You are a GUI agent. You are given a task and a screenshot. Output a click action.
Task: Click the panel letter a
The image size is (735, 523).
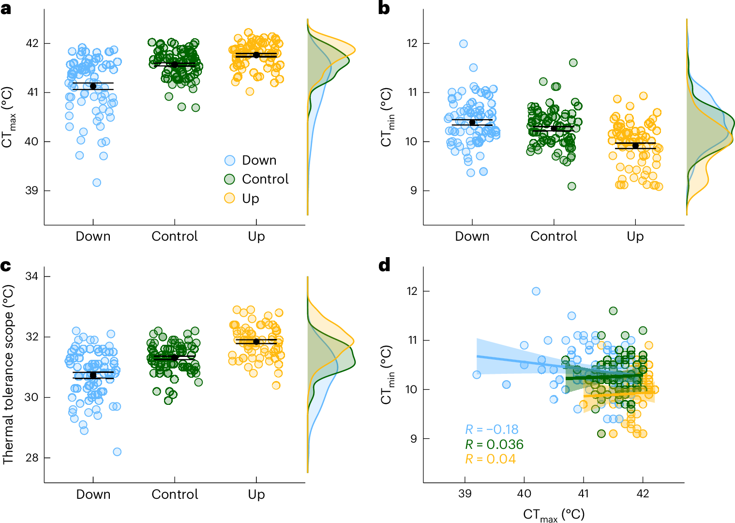6,8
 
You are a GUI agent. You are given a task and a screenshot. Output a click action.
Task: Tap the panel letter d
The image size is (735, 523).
384,265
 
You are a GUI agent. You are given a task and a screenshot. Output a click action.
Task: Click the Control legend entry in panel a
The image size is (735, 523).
265,179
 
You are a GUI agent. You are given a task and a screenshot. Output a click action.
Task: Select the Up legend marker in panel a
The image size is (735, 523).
229,198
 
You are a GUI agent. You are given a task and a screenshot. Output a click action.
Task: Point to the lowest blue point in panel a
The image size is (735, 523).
97,183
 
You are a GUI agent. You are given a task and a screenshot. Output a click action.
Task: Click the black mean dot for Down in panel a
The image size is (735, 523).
93,86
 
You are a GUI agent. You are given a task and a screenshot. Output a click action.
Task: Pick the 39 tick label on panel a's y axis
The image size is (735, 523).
32,190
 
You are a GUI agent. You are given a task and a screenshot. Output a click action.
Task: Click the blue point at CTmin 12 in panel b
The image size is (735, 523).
464,44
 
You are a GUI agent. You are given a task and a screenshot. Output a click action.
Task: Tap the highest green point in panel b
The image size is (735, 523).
573,62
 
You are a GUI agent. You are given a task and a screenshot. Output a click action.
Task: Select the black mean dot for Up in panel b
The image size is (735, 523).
635,146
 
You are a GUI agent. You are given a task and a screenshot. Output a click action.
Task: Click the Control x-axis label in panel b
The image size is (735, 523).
554,236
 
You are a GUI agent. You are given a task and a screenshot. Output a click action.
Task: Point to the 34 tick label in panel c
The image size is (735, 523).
32,276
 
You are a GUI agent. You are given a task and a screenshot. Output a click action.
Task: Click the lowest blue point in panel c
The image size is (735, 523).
117,452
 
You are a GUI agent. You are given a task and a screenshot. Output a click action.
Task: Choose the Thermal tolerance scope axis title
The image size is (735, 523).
8,374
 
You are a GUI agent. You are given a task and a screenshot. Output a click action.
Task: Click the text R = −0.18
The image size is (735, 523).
491,430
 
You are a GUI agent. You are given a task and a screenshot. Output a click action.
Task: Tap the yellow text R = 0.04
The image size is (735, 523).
490,459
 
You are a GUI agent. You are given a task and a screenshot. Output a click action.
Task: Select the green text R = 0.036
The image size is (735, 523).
494,445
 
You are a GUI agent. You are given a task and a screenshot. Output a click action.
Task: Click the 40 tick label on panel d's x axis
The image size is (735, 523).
524,493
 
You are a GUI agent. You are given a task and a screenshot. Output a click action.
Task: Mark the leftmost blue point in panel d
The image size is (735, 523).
477,375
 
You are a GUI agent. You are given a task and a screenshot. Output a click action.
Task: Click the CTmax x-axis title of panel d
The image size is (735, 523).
554,515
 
